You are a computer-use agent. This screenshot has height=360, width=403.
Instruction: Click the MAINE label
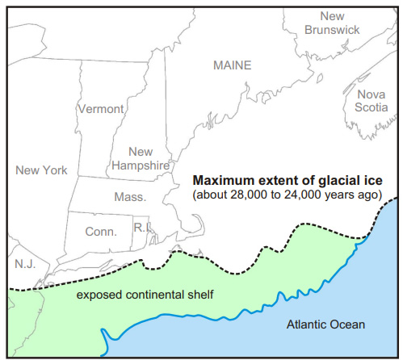click(x=232, y=65)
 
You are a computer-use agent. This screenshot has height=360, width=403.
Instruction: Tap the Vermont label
click(x=101, y=108)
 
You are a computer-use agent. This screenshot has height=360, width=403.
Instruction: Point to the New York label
click(x=41, y=170)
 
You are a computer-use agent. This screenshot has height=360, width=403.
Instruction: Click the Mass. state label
click(x=129, y=197)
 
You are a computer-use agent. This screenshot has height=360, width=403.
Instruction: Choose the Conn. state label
click(x=102, y=232)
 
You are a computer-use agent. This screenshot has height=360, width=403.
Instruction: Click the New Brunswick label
click(x=330, y=23)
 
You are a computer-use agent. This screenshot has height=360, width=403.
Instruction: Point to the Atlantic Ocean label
click(x=326, y=324)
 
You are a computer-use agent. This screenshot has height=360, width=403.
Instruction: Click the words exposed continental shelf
click(x=145, y=295)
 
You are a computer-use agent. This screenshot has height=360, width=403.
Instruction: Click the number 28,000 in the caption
click(x=251, y=195)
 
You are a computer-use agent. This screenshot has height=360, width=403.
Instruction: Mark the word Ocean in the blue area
click(x=347, y=324)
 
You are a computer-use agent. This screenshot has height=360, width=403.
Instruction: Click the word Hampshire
click(x=141, y=165)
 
